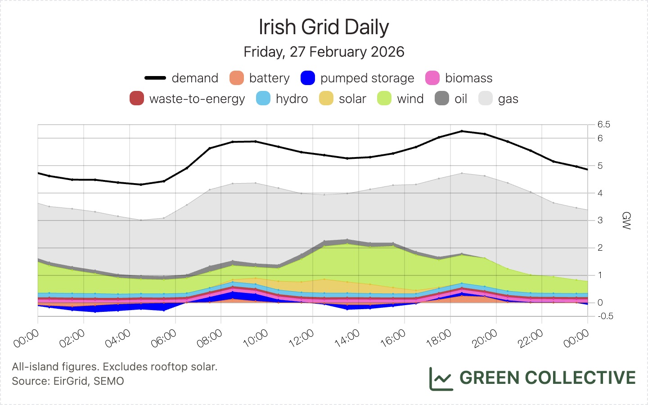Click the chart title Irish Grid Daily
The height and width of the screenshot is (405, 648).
[x=324, y=27]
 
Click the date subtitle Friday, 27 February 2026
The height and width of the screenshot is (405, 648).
[x=324, y=52]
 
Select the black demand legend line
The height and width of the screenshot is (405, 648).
[x=155, y=78]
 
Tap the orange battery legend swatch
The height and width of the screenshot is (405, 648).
[x=237, y=78]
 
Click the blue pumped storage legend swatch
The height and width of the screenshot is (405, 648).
[x=308, y=78]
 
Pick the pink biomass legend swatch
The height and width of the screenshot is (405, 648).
[x=432, y=78]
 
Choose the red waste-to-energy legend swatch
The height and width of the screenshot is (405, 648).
[x=137, y=99]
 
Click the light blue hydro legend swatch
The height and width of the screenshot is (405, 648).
[x=263, y=99]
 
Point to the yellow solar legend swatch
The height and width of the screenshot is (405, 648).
[x=326, y=99]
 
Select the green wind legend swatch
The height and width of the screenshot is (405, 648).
[x=384, y=99]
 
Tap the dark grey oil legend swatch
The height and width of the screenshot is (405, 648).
[x=442, y=99]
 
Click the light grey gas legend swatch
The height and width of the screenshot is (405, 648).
[x=486, y=99]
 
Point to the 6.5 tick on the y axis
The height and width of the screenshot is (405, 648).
[x=604, y=125]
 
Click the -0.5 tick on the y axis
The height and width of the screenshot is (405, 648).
[x=605, y=316]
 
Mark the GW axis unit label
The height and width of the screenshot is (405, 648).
[x=626, y=220]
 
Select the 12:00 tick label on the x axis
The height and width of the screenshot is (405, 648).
[x=301, y=338]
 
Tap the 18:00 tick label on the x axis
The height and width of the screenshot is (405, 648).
[x=439, y=338]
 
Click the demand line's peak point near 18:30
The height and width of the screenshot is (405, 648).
[x=462, y=131]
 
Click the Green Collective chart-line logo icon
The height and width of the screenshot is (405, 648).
[x=441, y=378]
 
